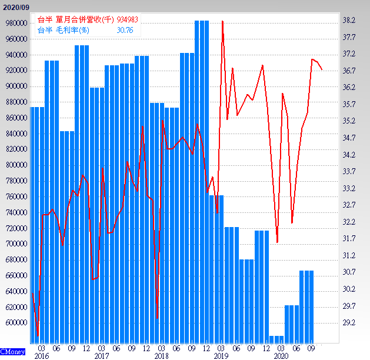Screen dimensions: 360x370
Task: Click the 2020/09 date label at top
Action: pos(16,6)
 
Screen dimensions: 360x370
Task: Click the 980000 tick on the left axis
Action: pos(15,23)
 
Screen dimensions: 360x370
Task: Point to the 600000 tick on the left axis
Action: pos(15,323)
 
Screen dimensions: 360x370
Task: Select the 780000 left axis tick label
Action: pos(15,181)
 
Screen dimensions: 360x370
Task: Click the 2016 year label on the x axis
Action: pos(41,356)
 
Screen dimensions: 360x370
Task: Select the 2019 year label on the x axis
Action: pos(221,356)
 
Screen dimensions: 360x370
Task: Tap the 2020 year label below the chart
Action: pos(281,356)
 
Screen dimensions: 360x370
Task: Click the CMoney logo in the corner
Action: pos(13,351)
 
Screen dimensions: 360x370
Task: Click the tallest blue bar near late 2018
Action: pos(202,176)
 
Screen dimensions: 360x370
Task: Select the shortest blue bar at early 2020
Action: pos(276,339)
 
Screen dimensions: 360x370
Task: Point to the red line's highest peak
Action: pos(222,21)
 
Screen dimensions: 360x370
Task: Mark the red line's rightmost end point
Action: pos(322,69)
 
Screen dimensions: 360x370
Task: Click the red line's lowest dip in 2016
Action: pos(38,336)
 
